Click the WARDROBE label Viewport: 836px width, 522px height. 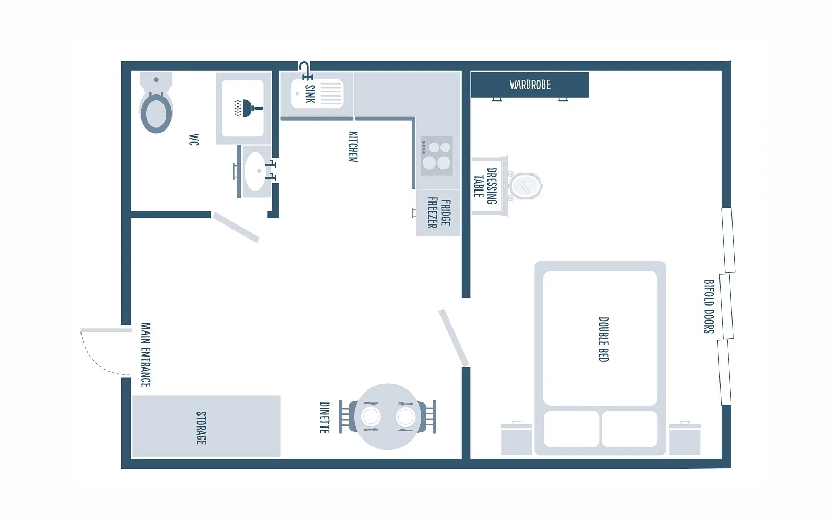[530, 85]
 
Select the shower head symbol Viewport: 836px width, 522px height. [248, 108]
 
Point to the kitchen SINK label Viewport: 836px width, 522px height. [310, 94]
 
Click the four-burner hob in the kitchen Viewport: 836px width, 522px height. [437, 156]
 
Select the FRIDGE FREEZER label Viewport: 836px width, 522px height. [439, 213]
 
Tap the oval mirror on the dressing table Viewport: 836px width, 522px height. [525, 186]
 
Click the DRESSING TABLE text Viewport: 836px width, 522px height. [485, 186]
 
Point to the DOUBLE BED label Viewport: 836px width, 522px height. [604, 339]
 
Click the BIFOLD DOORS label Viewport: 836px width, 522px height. [709, 306]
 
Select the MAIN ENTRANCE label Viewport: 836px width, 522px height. [146, 354]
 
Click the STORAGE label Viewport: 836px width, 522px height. [201, 428]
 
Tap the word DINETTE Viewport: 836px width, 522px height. [324, 418]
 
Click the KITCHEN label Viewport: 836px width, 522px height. [353, 147]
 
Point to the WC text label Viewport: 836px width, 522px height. [194, 139]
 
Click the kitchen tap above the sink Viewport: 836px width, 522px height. [306, 71]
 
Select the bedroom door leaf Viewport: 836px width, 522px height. [454, 338]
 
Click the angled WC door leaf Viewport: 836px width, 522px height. [235, 228]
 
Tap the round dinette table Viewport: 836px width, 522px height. [387, 417]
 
